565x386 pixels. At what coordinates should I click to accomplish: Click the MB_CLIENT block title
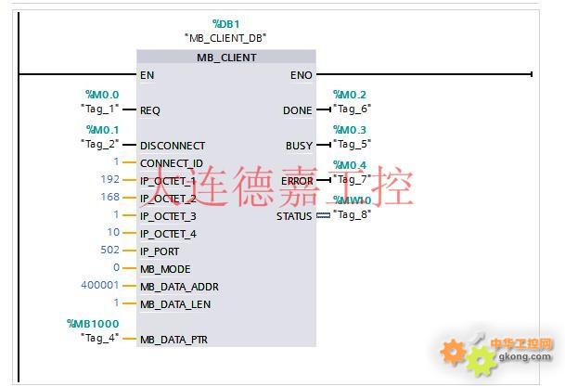(226, 58)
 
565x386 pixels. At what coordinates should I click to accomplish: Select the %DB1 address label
(225, 23)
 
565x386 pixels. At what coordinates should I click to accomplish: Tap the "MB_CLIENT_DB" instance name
(225, 38)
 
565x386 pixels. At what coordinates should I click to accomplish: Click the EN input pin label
(147, 75)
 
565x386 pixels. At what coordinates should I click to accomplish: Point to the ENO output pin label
(301, 75)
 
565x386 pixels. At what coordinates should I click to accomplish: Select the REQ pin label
(149, 110)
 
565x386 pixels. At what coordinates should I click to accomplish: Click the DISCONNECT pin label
(172, 146)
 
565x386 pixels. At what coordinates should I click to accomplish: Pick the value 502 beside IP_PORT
(110, 251)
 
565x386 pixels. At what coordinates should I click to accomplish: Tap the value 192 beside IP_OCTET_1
(110, 180)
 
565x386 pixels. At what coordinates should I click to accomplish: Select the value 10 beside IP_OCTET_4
(113, 233)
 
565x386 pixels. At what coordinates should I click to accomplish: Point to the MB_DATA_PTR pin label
(173, 340)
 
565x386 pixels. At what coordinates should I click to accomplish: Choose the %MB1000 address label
(94, 324)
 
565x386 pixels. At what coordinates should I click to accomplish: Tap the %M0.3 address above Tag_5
(350, 130)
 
